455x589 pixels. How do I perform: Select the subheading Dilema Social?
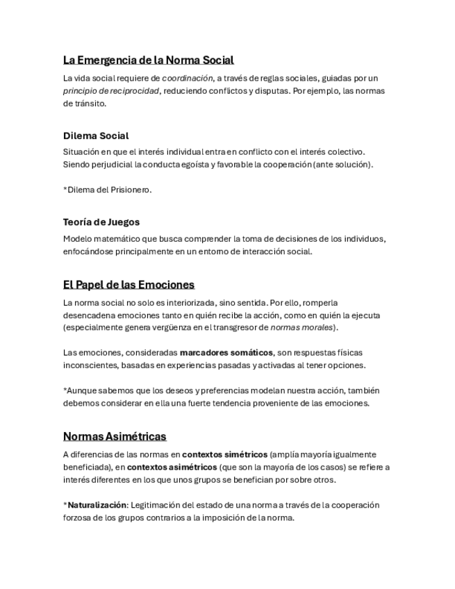[x=96, y=135]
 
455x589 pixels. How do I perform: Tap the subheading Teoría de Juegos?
[x=101, y=222]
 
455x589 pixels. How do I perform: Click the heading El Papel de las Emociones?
[x=129, y=285]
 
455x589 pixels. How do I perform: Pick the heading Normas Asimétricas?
[x=115, y=436]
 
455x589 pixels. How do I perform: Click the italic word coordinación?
[x=187, y=78]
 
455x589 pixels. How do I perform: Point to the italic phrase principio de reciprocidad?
[x=111, y=91]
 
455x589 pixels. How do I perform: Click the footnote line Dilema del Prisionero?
[x=109, y=190]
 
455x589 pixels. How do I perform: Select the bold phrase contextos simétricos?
[x=224, y=454]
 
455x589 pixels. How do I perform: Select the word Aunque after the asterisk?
[x=82, y=390]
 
